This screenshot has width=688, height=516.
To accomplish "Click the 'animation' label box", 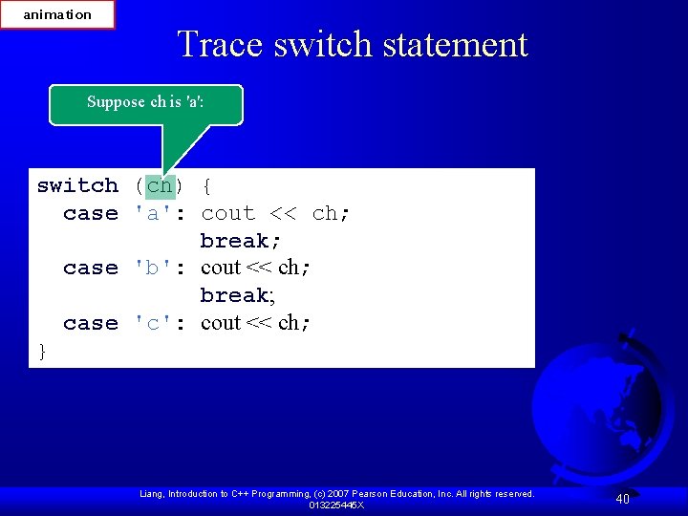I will pos(57,14).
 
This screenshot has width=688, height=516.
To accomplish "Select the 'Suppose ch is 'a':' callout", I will pos(146,102).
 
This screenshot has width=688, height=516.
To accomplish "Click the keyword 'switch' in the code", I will pos(77,185).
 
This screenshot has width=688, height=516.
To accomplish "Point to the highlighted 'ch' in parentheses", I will pos(160,185).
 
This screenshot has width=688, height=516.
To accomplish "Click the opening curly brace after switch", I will pos(208,185).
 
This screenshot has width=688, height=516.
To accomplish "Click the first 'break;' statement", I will pos(241,241).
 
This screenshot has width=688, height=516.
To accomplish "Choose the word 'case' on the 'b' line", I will pos(91,268).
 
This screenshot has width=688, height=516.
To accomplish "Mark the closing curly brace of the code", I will pos(42,352).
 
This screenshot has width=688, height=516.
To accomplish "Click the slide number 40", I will pos(622,499).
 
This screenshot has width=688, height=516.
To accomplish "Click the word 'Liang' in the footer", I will pos(153,494).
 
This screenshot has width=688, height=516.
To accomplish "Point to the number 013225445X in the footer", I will pos(336,505).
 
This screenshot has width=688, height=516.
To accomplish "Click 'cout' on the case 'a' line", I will pos(227,213).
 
